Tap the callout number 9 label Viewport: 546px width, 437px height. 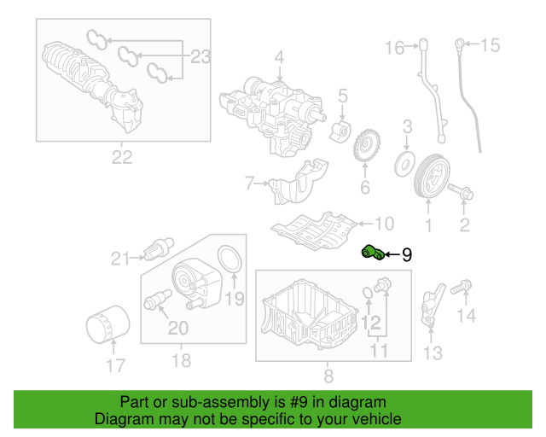[x=407, y=253]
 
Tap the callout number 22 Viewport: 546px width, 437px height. [x=123, y=156]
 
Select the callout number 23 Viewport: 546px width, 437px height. [x=199, y=57]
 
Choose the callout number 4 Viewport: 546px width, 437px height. [x=278, y=58]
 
